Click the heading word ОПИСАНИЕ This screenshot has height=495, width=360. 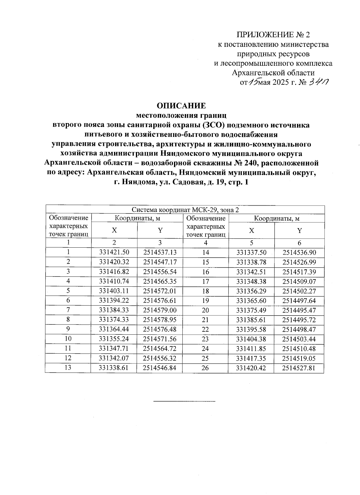coord(181,106)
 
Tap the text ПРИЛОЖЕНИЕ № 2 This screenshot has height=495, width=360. coord(273,35)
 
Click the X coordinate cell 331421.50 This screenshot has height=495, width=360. coord(114,252)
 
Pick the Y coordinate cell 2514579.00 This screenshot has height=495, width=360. coord(160,310)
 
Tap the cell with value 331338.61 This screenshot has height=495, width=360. coord(114,368)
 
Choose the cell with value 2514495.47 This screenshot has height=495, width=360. coord(299,310)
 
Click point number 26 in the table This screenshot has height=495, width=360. coord(205,368)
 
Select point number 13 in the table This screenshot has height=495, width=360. coord(68,368)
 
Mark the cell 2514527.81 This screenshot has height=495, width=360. coord(299,368)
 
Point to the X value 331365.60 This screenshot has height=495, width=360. coord(251,300)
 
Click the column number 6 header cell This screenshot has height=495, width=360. coord(299,243)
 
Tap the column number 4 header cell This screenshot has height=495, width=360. coord(205,243)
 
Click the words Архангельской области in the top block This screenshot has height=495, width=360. coord(274,73)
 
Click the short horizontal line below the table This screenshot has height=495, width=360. coord(184,401)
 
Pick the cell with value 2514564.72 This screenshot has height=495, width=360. coord(160,349)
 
